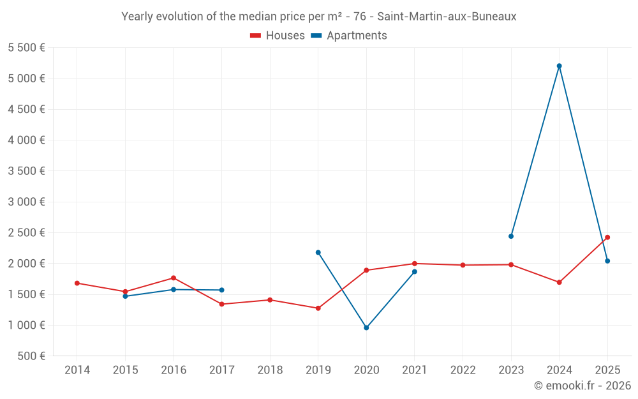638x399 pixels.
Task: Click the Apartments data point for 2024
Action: (559, 66)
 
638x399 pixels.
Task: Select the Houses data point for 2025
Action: (607, 237)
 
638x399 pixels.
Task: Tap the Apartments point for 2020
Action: (366, 327)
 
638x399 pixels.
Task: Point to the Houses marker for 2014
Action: (77, 283)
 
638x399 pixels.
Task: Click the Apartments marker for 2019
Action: (318, 252)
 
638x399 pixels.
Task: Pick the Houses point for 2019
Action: (318, 308)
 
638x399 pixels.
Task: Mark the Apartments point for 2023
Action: (511, 236)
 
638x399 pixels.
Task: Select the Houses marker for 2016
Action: (174, 278)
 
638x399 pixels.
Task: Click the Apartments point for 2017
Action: (221, 290)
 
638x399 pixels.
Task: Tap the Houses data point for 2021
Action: (415, 264)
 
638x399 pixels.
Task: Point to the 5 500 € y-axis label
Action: (26, 48)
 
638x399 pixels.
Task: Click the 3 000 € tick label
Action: (26, 202)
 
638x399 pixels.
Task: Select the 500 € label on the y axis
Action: (31, 356)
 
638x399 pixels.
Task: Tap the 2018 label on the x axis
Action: (270, 370)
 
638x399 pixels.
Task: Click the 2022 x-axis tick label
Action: (463, 370)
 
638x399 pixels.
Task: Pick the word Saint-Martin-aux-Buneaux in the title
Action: (447, 17)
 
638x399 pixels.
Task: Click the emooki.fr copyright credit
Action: (582, 386)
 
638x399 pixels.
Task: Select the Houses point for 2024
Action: (559, 282)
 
